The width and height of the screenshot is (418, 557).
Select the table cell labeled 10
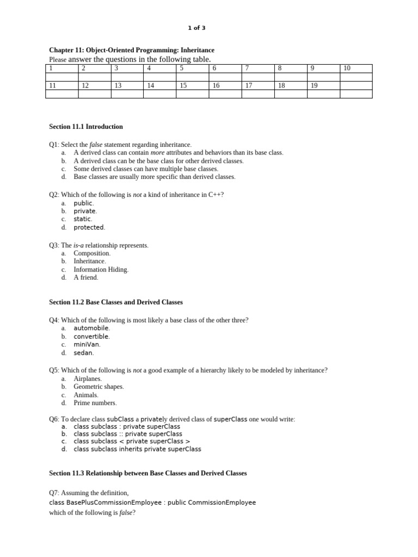tap(356, 68)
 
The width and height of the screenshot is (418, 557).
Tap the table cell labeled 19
tap(323, 85)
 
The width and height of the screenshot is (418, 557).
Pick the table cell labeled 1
tap(62, 68)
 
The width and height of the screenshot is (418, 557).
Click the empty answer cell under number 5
tap(192, 77)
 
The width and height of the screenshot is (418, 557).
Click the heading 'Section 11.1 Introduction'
tap(86, 127)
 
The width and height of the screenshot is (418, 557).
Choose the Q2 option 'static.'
tap(83, 219)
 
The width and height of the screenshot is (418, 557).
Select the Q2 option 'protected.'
tap(89, 227)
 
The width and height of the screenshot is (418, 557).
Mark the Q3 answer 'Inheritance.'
tap(90, 261)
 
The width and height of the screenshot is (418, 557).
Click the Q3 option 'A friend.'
tap(86, 277)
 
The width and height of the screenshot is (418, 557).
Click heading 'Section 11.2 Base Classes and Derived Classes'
tap(116, 302)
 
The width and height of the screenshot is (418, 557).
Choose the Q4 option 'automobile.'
tap(91, 328)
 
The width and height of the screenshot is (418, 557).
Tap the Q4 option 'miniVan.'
tap(87, 344)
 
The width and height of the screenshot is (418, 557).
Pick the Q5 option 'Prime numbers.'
tap(95, 403)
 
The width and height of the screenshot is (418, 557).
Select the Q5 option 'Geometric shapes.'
tap(99, 387)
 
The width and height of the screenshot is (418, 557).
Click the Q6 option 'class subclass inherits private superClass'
tap(137, 449)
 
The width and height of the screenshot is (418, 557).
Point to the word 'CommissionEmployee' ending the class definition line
tap(223, 503)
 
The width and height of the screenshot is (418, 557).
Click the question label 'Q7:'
tap(54, 493)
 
